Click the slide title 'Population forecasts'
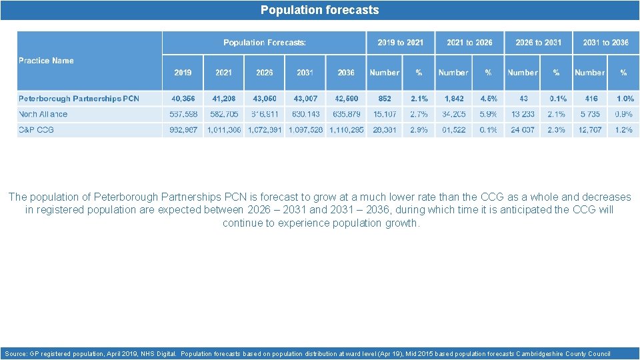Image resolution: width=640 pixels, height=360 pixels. [x=319, y=10]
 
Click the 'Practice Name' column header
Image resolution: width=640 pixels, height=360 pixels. [x=46, y=61]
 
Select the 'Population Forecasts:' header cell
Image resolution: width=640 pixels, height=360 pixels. [x=265, y=43]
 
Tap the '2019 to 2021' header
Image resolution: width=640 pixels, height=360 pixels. [x=400, y=43]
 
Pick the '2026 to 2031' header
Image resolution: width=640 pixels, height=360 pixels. [x=538, y=43]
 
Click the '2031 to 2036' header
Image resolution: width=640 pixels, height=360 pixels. [x=605, y=43]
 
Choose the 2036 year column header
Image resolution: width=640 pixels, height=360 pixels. [x=346, y=73]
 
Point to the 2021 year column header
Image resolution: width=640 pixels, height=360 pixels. [x=223, y=73]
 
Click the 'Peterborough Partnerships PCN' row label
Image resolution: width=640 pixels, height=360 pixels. [x=79, y=99]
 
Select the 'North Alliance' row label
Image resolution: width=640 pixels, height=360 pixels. [x=43, y=114]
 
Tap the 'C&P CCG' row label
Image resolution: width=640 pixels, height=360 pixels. [x=37, y=130]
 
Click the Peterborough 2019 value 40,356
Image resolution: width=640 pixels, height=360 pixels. [x=183, y=99]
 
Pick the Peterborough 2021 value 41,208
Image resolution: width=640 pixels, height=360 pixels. [x=223, y=99]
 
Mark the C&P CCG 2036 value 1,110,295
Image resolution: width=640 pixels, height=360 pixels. [x=346, y=130]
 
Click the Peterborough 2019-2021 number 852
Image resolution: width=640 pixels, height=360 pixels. [x=384, y=99]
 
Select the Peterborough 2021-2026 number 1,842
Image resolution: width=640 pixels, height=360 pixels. [x=453, y=99]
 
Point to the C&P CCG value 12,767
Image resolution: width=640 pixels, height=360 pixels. [x=589, y=130]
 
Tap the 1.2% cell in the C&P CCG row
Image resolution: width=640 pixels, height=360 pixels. [x=623, y=130]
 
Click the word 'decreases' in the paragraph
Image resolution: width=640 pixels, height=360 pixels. [x=605, y=197]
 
